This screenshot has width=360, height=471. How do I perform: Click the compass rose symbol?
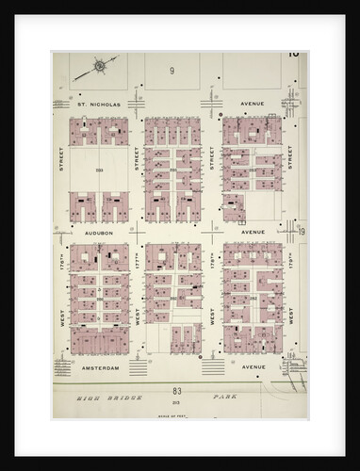(x=102, y=67)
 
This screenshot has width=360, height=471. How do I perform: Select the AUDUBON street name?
(x=98, y=232)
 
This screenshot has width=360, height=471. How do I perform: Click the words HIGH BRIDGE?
(x=105, y=398)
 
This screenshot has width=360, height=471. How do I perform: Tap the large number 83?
(x=176, y=390)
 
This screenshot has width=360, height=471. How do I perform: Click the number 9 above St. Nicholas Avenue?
(x=172, y=72)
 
